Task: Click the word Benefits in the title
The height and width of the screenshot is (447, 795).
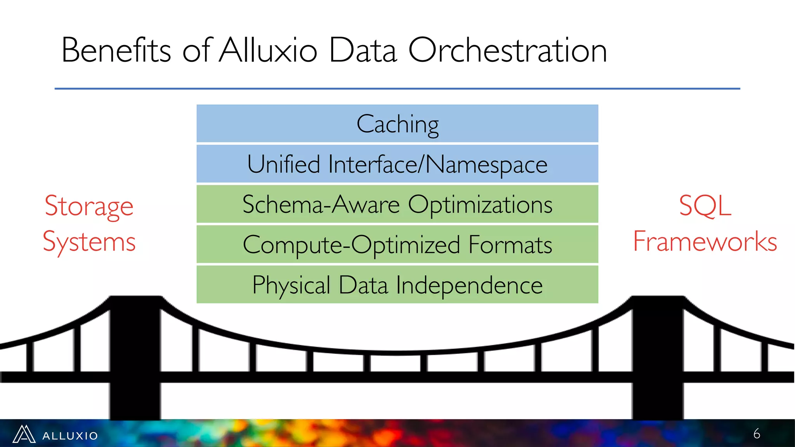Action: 116,50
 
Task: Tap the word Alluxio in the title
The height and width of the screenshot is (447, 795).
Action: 268,50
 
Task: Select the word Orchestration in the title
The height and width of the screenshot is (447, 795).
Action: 507,50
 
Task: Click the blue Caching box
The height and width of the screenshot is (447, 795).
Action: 397,124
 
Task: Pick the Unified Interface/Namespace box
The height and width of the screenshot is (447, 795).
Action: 397,164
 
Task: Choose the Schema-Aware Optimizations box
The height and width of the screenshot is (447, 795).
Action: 397,204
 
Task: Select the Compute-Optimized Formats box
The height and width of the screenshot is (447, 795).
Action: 397,244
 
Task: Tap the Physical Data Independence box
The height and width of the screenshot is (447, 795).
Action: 397,284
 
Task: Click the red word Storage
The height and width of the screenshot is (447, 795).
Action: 89,206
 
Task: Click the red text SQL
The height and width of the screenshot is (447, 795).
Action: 705,205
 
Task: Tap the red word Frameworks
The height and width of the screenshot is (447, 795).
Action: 705,241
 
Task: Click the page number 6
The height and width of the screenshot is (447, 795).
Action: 757,434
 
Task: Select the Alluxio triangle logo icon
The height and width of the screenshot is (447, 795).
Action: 24,434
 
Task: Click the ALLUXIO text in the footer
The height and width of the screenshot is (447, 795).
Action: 70,436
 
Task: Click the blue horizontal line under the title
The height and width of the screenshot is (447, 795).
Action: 397,89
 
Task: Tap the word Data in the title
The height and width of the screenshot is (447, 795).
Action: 363,50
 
